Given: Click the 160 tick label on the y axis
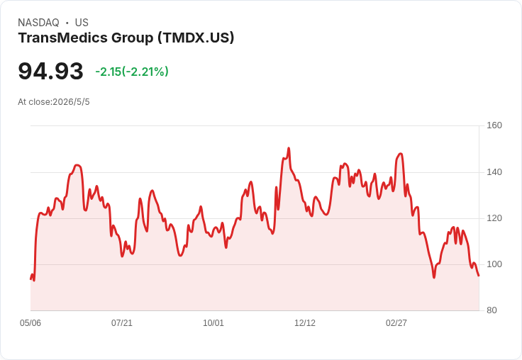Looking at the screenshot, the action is (x=494, y=125).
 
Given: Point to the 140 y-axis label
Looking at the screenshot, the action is (x=494, y=172).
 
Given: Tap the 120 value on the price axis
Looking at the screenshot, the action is (x=494, y=218).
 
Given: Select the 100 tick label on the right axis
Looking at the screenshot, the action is (x=494, y=264).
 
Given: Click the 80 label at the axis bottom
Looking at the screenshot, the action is (x=492, y=310).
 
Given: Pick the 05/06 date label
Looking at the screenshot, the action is (x=30, y=322).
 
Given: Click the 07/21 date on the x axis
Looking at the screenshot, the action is (x=122, y=322).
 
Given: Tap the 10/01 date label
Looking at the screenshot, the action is (x=213, y=322).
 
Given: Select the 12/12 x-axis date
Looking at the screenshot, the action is (x=305, y=322).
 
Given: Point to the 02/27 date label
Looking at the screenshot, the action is (x=396, y=322).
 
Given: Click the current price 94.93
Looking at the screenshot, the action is (x=50, y=71).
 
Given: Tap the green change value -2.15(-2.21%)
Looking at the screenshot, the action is (x=132, y=72).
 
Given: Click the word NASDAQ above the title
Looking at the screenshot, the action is (x=38, y=23).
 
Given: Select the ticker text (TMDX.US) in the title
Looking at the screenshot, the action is (x=196, y=38).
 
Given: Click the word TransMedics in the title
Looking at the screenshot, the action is (x=63, y=38).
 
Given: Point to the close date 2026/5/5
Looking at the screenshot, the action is (x=71, y=102).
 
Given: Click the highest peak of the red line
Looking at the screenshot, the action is (x=289, y=148).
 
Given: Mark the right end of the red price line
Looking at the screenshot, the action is (x=479, y=276).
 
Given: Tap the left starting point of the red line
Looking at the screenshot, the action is (x=30, y=279).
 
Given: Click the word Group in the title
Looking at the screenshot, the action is (x=132, y=38).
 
